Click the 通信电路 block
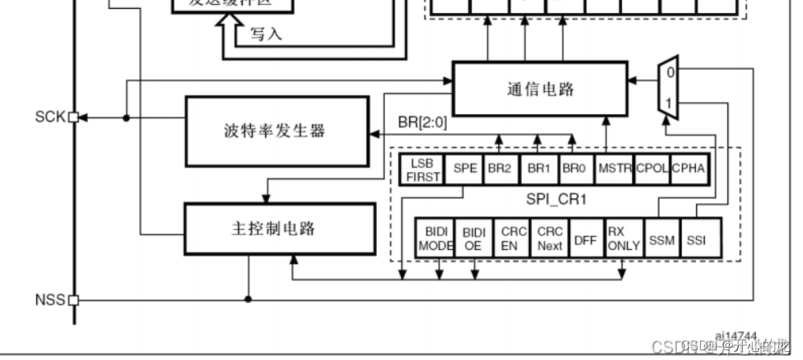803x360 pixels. [539, 88]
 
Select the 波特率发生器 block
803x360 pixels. [274, 130]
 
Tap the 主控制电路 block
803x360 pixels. [280, 229]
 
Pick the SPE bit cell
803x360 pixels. [465, 170]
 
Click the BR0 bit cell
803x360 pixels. [574, 170]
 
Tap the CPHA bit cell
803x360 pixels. [689, 170]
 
